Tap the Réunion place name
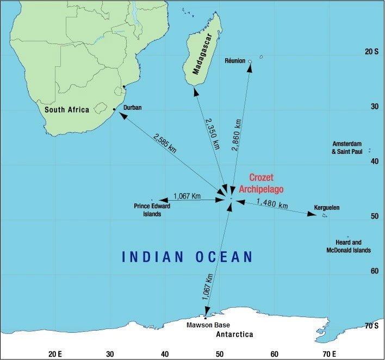click(235, 61)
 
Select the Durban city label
click(133, 108)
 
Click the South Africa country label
click(67, 110)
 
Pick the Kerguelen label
click(327, 208)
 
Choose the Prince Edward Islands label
click(148, 210)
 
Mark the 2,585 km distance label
click(165, 144)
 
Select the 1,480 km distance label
click(272, 204)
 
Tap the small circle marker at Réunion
click(250, 61)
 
